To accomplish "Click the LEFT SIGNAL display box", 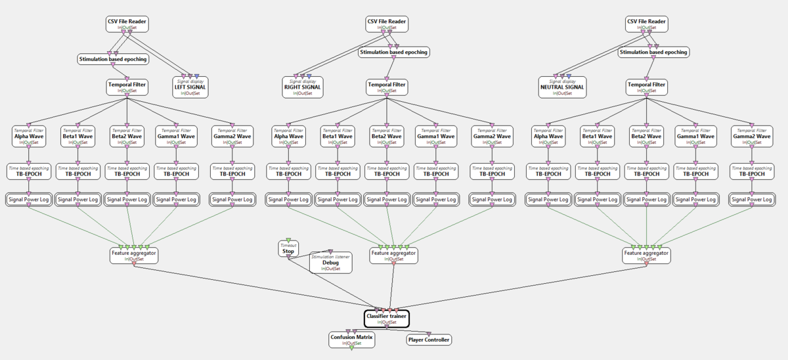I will (190, 87).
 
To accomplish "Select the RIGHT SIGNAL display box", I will (302, 87).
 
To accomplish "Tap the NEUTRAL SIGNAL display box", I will (561, 87).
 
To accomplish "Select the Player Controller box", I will (429, 340).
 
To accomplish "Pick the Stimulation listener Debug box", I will (330, 261).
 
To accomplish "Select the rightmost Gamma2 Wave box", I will (751, 136).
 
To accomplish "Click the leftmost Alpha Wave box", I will (28, 136).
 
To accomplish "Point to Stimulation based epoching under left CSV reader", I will (113, 59).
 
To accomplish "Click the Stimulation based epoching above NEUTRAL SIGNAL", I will (653, 52).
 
